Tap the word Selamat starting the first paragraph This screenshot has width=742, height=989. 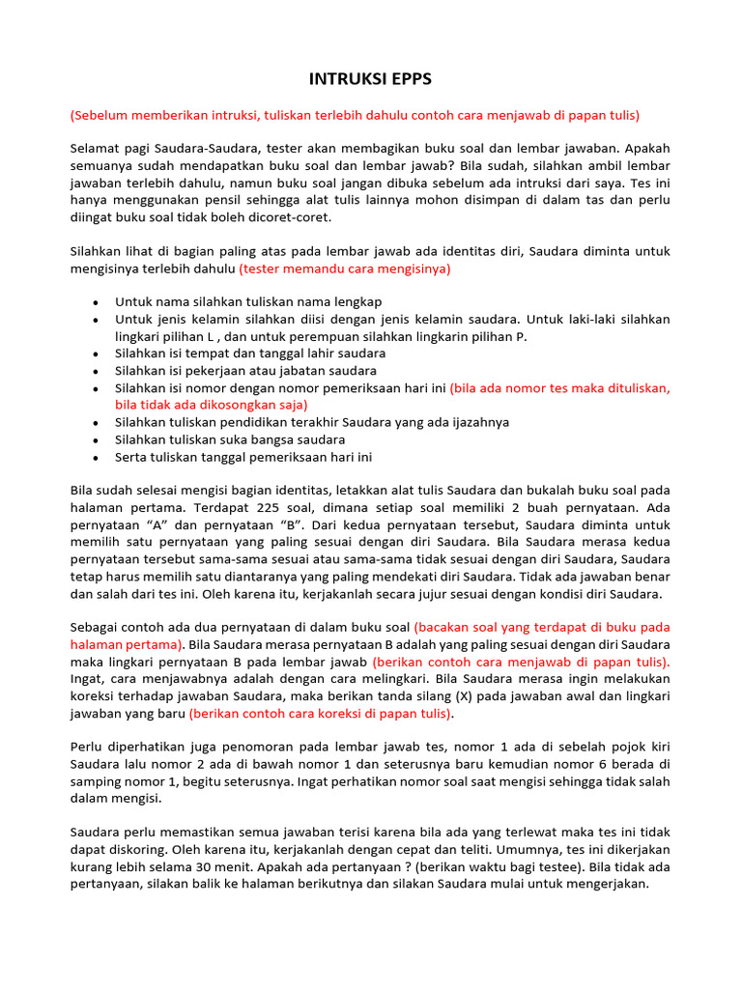point(95,149)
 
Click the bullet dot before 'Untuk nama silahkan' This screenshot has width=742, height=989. point(95,302)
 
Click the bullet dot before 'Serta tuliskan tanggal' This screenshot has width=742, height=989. point(95,457)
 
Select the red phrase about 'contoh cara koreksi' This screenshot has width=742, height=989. point(321,714)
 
